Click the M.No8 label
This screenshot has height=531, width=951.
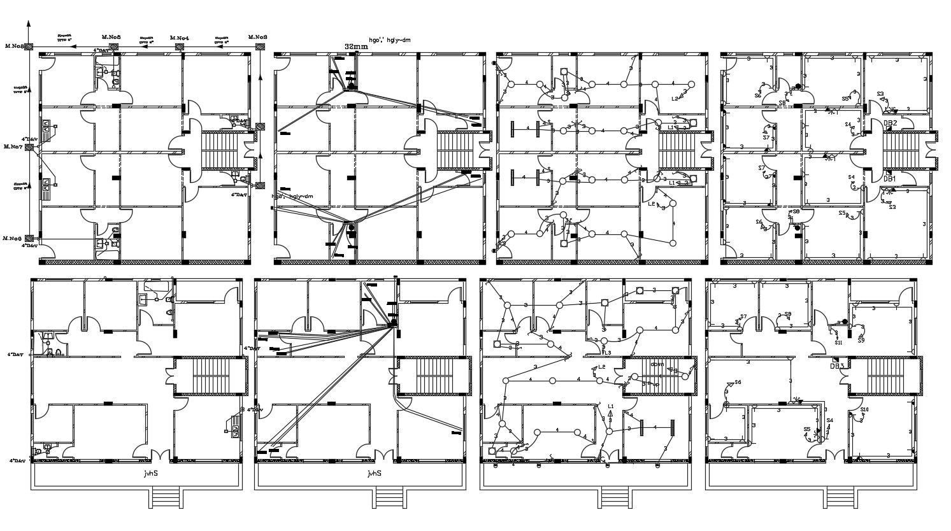[x=14, y=46]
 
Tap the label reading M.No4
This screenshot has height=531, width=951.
[x=179, y=38]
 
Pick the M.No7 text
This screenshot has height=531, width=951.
[x=13, y=146]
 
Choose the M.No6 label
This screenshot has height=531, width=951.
[x=13, y=238]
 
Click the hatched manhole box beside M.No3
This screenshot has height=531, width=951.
[x=260, y=47]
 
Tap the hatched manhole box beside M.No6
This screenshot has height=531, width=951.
[x=29, y=239]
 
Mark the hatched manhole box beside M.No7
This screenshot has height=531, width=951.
[x=29, y=147]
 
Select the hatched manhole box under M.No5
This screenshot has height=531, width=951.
[x=112, y=46]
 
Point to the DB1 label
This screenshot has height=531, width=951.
[x=889, y=180]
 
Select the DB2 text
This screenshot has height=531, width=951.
[x=890, y=123]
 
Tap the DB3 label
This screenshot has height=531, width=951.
[x=836, y=366]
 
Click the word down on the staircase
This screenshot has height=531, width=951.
[x=657, y=365]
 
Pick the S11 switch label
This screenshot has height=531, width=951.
[x=839, y=343]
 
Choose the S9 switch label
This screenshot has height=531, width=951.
[x=861, y=340]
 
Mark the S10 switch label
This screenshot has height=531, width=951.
[x=864, y=409]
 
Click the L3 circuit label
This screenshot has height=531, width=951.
[x=608, y=353]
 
